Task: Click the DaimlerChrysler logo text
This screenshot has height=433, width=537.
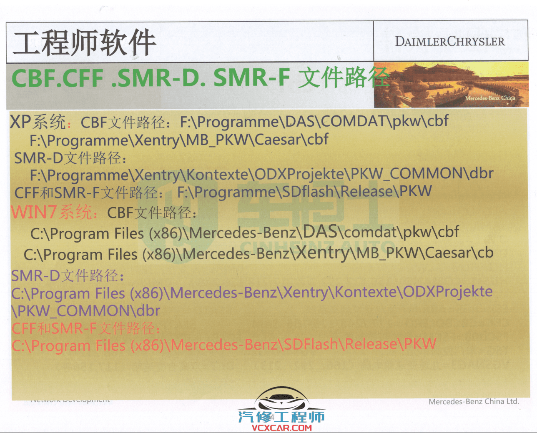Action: (450, 42)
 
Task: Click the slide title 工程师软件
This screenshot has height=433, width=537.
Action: (85, 43)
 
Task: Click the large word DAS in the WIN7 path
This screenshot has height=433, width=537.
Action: (320, 231)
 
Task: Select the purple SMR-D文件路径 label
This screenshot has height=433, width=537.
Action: (67, 275)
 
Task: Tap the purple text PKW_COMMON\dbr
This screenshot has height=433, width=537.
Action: (86, 311)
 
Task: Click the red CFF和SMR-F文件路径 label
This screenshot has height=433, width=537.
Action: (85, 328)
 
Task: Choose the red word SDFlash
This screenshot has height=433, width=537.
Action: (311, 345)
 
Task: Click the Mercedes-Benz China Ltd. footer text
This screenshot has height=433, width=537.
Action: (474, 402)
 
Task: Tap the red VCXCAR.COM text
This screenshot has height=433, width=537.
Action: (282, 428)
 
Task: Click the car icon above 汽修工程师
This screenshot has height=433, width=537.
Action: (282, 399)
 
